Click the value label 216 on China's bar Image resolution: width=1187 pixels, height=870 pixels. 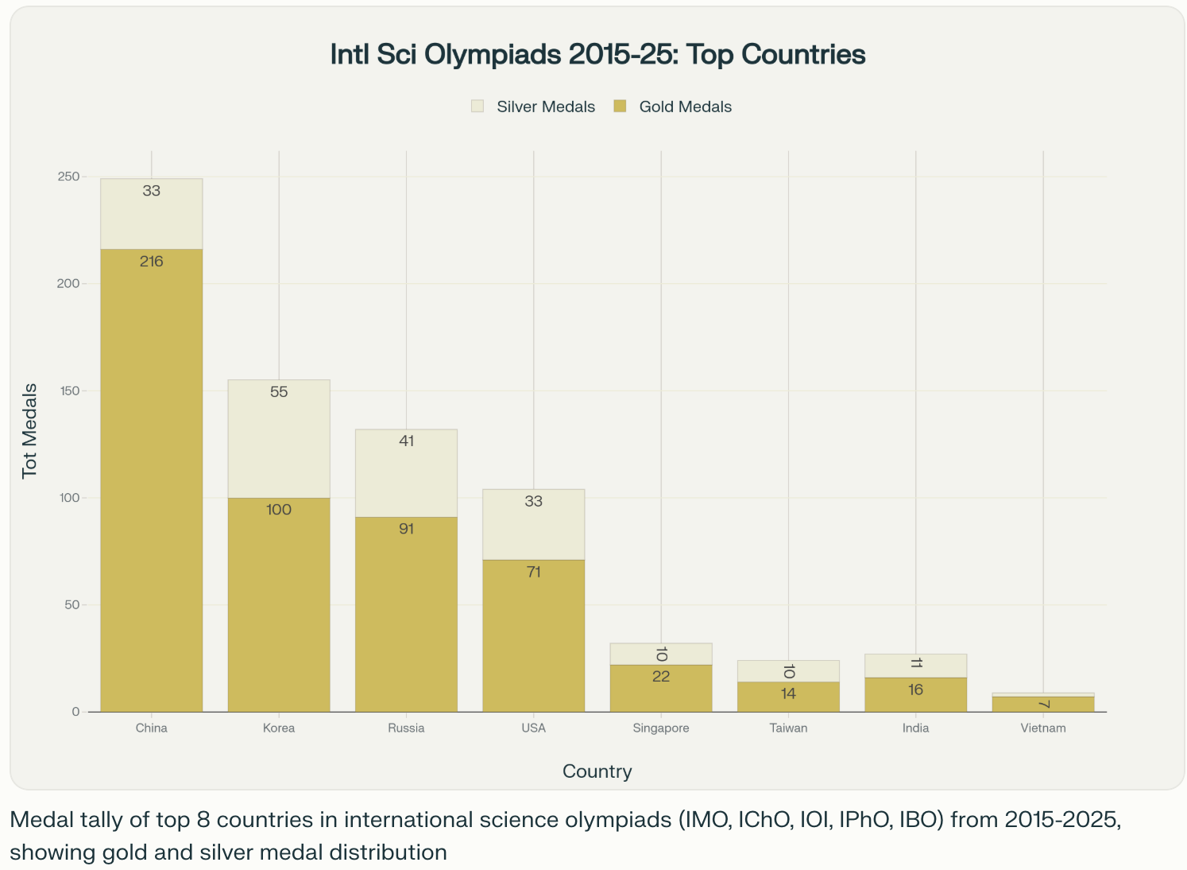coord(151,262)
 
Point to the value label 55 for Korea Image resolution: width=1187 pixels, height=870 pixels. coord(279,392)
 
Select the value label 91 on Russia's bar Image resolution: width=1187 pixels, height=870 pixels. coord(406,529)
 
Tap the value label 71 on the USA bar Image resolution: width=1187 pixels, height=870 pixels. coord(533,572)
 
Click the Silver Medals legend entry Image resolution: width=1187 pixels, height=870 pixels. coord(533,107)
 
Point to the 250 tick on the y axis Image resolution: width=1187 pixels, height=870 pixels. coord(68,177)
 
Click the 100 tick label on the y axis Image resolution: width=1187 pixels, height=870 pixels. coord(68,498)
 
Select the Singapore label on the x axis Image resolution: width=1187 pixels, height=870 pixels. coord(660,728)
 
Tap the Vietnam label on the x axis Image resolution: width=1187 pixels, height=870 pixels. coord(1042,728)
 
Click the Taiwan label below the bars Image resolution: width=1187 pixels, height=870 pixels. coord(788,728)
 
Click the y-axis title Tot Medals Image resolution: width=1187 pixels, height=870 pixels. coord(29,430)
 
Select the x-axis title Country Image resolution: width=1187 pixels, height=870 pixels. coord(597,771)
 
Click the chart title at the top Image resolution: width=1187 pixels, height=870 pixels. coord(597,54)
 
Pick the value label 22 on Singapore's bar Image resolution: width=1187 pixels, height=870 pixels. coord(660,677)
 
